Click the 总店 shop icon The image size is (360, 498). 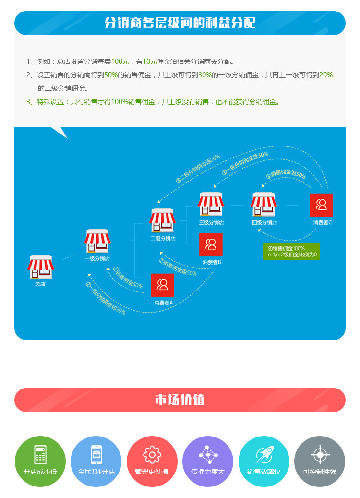(x=41, y=267)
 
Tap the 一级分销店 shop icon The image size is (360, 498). (x=97, y=241)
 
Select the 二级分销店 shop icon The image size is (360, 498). (x=162, y=220)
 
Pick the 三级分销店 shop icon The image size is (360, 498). (x=211, y=204)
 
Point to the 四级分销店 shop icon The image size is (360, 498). (x=264, y=204)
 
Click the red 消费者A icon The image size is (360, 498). (x=162, y=285)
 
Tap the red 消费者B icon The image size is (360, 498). (x=211, y=244)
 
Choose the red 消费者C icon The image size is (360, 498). (x=321, y=205)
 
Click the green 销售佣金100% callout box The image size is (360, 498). (x=291, y=251)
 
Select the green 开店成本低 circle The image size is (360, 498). (x=40, y=462)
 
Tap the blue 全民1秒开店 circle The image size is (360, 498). (x=96, y=462)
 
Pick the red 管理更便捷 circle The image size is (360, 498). (x=152, y=462)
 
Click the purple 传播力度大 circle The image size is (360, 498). (x=208, y=462)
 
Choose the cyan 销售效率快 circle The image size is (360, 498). (x=264, y=462)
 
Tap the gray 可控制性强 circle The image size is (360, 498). (x=320, y=462)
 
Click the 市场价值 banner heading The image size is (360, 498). (x=180, y=400)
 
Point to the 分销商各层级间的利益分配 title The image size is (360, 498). (x=180, y=23)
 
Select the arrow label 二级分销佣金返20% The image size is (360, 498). (x=197, y=168)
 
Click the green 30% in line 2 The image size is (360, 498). (x=205, y=75)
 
